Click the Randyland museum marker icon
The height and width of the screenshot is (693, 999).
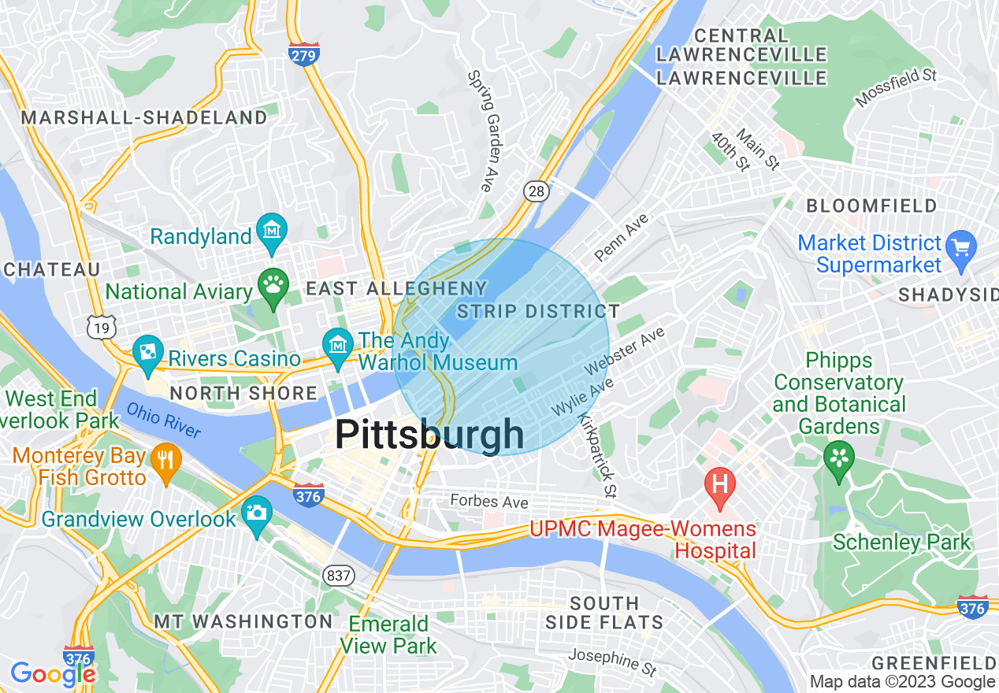click(x=272, y=230)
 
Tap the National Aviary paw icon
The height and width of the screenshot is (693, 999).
click(x=273, y=287)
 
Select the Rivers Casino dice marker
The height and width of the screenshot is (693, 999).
click(x=147, y=352)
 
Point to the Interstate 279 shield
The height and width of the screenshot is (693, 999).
click(x=304, y=54)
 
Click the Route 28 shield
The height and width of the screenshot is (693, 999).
click(x=536, y=190)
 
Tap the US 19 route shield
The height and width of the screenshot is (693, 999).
click(x=102, y=327)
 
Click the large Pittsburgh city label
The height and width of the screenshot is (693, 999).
click(x=429, y=435)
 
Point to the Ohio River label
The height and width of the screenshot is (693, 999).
click(x=164, y=420)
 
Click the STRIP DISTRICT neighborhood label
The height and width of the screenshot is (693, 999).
click(x=538, y=311)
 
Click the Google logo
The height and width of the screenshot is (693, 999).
click(x=52, y=673)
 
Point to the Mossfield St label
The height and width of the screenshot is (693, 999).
click(x=896, y=87)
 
